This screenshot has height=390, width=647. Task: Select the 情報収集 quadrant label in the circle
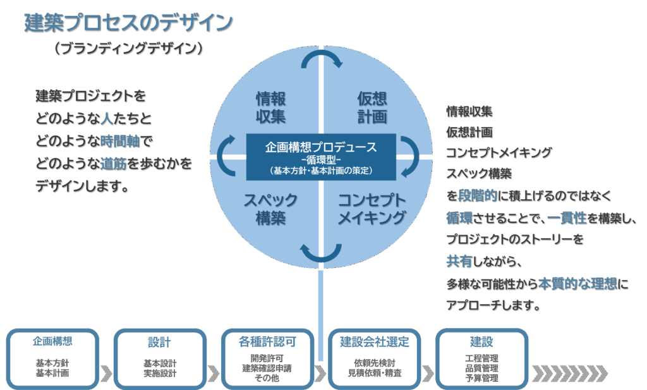(x=271, y=107)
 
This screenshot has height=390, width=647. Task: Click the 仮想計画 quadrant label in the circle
(x=372, y=107)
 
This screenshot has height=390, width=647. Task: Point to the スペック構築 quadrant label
(x=271, y=209)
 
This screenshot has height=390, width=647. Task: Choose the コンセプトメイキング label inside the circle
(x=372, y=209)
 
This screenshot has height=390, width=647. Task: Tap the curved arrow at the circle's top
(x=322, y=59)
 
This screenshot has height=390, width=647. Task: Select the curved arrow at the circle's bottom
(x=322, y=252)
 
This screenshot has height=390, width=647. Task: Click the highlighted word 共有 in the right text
(x=459, y=261)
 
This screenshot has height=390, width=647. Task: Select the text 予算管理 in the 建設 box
(x=481, y=377)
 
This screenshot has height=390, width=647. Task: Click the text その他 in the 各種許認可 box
(x=267, y=377)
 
